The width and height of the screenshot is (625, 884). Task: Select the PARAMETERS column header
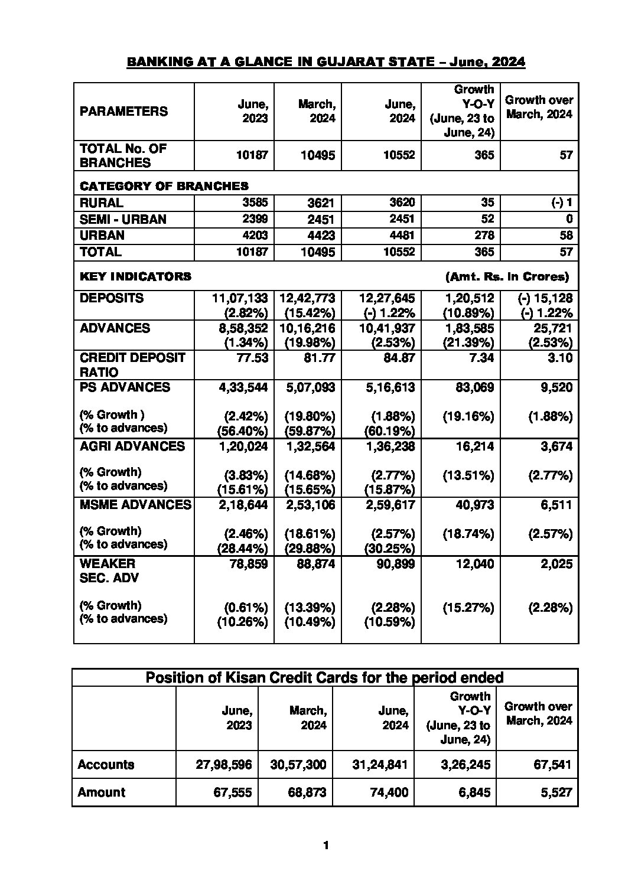[123, 111]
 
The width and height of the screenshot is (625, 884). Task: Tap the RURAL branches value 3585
[255, 203]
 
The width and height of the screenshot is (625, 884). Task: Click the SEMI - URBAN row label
[123, 219]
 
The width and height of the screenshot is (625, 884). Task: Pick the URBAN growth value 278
[484, 235]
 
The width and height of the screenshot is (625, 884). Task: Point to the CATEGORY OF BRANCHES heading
[164, 186]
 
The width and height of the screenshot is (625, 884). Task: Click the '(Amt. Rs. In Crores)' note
[507, 276]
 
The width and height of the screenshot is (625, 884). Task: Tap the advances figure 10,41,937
[387, 328]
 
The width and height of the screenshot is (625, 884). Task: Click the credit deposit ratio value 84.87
[399, 358]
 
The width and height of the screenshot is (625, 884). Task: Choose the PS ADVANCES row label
[125, 387]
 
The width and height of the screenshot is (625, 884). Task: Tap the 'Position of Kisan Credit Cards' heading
[324, 677]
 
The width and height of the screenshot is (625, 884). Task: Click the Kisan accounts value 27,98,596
[223, 765]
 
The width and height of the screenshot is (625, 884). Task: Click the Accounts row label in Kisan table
[106, 765]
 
